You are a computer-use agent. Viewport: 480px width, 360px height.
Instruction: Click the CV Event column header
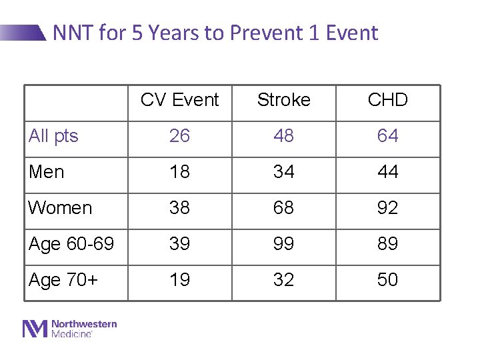pos(179,100)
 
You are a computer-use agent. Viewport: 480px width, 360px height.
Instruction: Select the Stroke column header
pos(283,100)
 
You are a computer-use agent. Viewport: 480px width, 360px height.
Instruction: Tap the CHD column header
pos(387,100)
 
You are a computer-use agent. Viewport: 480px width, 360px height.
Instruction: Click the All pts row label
pos(53,136)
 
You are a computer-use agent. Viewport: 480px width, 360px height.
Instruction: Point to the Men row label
pos(47,172)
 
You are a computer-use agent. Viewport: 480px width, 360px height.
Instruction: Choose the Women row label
pos(60,208)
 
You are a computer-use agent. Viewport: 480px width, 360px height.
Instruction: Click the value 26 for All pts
pos(179,136)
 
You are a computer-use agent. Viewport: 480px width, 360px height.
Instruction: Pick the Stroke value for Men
pos(283,172)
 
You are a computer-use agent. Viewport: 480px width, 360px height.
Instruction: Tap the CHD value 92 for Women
pos(387,208)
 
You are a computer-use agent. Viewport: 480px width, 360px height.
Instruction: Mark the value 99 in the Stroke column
pos(283,244)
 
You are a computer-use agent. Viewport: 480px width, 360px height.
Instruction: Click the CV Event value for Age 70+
pos(179,280)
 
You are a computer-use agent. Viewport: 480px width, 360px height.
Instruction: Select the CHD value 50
pos(387,280)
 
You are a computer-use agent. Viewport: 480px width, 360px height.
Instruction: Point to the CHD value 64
pos(387,136)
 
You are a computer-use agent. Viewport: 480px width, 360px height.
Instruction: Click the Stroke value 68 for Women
pos(283,208)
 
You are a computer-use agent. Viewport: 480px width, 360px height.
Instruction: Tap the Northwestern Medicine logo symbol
pos(35,329)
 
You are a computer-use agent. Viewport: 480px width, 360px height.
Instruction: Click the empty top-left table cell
pos(76,103)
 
